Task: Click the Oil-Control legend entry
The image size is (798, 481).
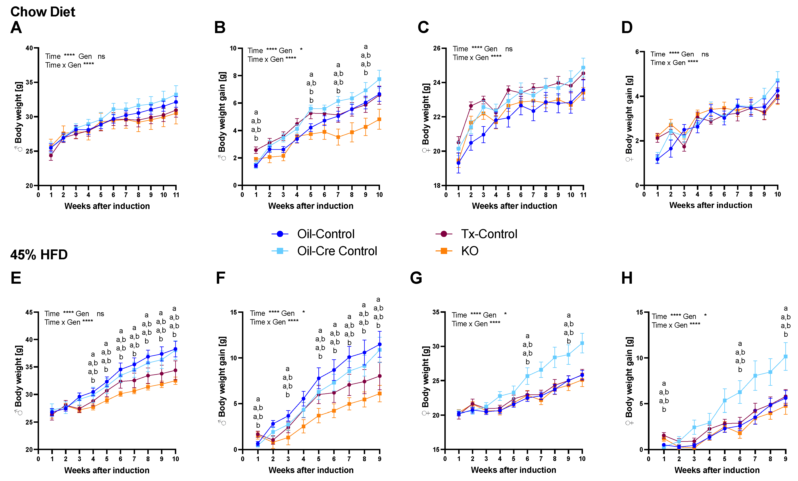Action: click(x=313, y=234)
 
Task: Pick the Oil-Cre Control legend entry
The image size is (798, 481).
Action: click(x=325, y=251)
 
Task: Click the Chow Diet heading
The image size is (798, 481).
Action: click(x=43, y=12)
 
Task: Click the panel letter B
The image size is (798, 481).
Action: click(x=220, y=28)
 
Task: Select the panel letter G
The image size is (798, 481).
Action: click(x=416, y=278)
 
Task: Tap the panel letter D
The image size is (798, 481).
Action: click(x=627, y=28)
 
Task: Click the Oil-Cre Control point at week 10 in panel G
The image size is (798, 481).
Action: click(x=582, y=343)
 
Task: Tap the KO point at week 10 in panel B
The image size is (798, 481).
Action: click(x=379, y=119)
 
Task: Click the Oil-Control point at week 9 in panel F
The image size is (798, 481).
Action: click(x=380, y=344)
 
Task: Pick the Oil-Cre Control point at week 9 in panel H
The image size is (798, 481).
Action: click(x=785, y=357)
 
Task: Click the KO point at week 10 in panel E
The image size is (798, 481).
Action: click(x=175, y=381)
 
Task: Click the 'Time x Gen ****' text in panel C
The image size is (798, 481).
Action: click(x=477, y=58)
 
